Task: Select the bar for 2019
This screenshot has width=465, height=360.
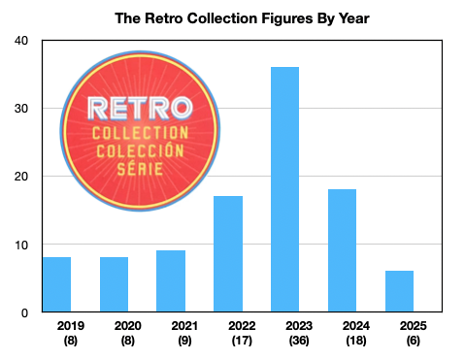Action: [56, 285]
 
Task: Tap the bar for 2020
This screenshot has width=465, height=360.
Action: [114, 285]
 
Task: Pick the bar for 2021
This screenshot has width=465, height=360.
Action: [171, 282]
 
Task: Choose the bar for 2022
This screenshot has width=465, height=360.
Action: [228, 254]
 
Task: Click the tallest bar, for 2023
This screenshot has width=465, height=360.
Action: [285, 190]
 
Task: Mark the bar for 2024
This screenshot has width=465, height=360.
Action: [342, 251]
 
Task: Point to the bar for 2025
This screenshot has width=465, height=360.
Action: [399, 292]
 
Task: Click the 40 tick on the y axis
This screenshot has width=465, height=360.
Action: [21, 41]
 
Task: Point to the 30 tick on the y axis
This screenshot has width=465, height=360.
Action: [21, 109]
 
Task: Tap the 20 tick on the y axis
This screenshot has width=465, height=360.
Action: [21, 177]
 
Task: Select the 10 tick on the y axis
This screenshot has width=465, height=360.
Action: [21, 245]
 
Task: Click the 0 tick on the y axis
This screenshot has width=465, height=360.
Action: [25, 312]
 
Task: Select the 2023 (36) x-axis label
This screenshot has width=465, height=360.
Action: [285, 334]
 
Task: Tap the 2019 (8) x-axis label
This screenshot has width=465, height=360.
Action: [56, 334]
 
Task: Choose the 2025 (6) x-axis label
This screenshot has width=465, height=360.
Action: [399, 334]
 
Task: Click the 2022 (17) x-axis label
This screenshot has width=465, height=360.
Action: [228, 334]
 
